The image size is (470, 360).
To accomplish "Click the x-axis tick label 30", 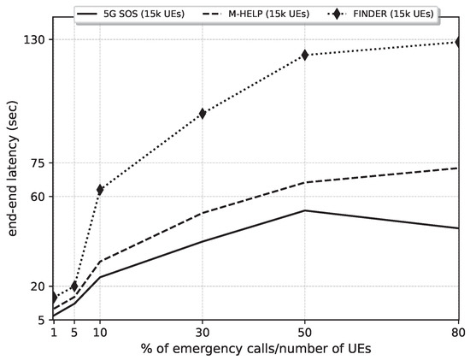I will [x=203, y=332].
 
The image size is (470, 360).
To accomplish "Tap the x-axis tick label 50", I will [x=305, y=332].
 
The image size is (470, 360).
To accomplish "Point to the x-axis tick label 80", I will [x=457, y=332].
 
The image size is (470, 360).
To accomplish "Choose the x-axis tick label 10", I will [x=100, y=332].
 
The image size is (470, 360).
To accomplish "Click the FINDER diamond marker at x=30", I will [x=203, y=113].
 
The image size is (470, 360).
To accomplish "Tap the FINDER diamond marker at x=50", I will [x=305, y=55].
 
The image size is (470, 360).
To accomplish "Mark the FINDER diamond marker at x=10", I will [x=100, y=189].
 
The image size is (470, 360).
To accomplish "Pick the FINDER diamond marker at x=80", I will [x=458, y=42].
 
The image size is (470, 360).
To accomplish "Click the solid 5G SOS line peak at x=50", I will [x=305, y=210].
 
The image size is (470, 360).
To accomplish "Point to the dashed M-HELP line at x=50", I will [x=305, y=182].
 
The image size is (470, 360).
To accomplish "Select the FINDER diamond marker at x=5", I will [x=74, y=286].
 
